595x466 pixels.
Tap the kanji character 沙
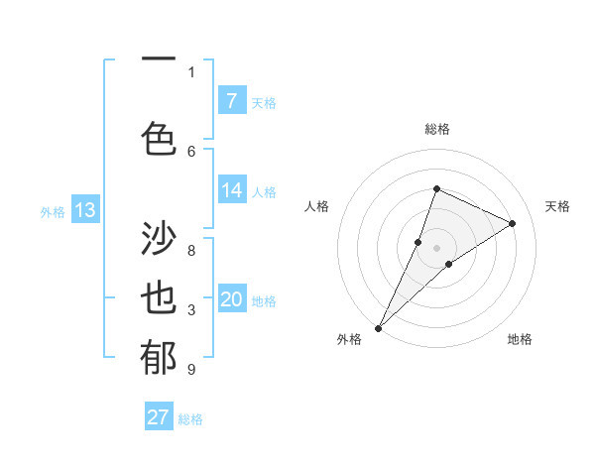pyautogui.click(x=159, y=239)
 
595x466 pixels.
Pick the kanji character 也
pyautogui.click(x=159, y=299)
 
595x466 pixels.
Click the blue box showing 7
pyautogui.click(x=231, y=101)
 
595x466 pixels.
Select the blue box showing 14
pyautogui.click(x=231, y=191)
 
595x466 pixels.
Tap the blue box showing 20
pyautogui.click(x=231, y=300)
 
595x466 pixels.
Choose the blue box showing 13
pyautogui.click(x=84, y=210)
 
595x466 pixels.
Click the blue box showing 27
pyautogui.click(x=159, y=417)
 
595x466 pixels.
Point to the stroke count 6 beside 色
pyautogui.click(x=191, y=151)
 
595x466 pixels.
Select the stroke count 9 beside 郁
pyautogui.click(x=191, y=370)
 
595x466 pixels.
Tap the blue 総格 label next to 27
pyautogui.click(x=190, y=418)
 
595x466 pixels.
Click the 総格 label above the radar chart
pyautogui.click(x=436, y=129)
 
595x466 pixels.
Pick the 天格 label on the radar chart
pyautogui.click(x=557, y=206)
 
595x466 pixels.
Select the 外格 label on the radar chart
pyautogui.click(x=349, y=339)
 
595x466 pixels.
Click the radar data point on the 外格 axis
pyautogui.click(x=378, y=327)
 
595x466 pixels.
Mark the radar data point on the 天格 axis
pyautogui.click(x=512, y=223)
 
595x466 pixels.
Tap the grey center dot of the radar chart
pyautogui.click(x=436, y=247)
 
